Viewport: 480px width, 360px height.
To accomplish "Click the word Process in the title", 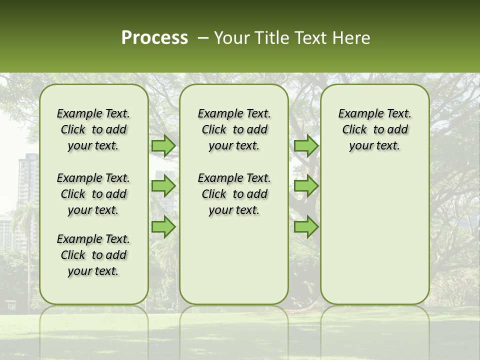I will pyautogui.click(x=154, y=38).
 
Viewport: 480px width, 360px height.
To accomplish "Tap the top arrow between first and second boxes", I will pyautogui.click(x=163, y=145).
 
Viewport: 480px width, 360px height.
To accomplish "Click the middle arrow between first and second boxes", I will pyautogui.click(x=163, y=186).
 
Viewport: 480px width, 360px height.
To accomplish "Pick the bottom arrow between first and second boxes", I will pyautogui.click(x=163, y=227).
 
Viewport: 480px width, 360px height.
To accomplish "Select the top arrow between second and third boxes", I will pyautogui.click(x=306, y=145).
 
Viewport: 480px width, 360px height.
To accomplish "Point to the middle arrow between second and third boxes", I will pyautogui.click(x=306, y=186).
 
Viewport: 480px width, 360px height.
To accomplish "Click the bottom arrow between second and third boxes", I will pyautogui.click(x=306, y=227).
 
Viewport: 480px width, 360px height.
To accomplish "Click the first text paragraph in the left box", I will pyautogui.click(x=93, y=129).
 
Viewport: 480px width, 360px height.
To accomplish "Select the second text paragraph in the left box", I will pyautogui.click(x=93, y=194).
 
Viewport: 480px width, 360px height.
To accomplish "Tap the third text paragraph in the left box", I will pyautogui.click(x=93, y=255).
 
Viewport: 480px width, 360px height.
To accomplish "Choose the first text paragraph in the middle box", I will pyautogui.click(x=234, y=129).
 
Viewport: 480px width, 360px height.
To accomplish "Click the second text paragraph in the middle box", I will pyautogui.click(x=234, y=194).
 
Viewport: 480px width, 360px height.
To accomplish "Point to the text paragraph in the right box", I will pyautogui.click(x=374, y=129).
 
